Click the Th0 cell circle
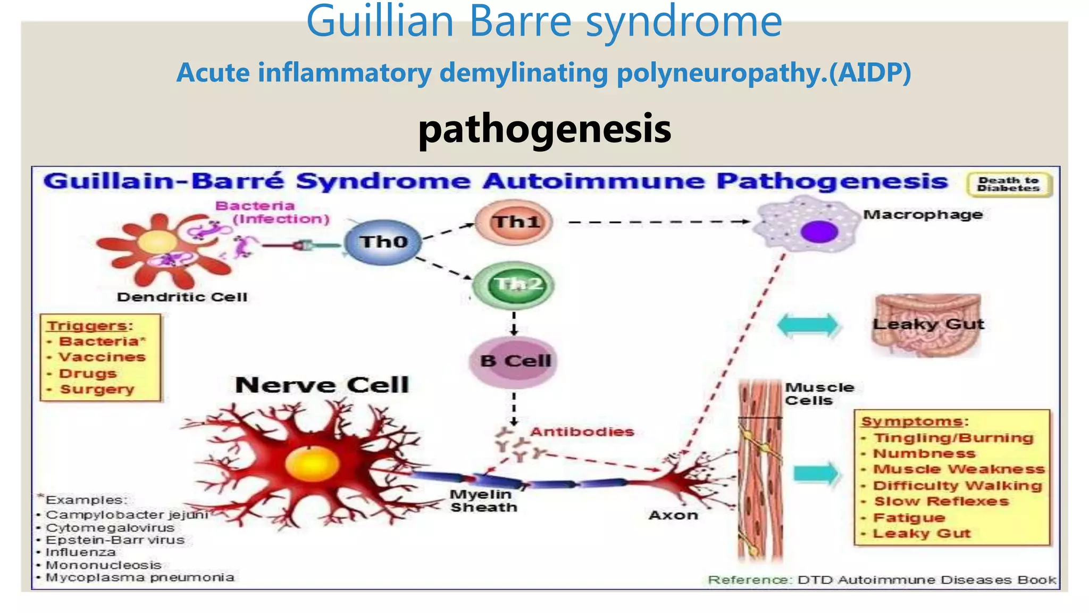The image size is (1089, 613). (x=383, y=242)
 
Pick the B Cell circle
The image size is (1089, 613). (x=514, y=361)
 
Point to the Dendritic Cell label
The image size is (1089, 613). (x=182, y=297)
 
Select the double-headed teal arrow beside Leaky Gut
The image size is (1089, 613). (x=807, y=325)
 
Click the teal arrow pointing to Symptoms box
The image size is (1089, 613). (x=816, y=474)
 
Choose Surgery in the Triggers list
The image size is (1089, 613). (x=97, y=390)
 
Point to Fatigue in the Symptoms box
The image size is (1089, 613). (x=909, y=518)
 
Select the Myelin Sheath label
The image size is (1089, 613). (x=483, y=501)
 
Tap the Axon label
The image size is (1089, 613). (x=673, y=515)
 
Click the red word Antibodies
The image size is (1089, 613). (x=582, y=432)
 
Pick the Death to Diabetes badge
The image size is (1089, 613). (x=1009, y=185)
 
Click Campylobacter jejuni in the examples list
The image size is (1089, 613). (x=127, y=515)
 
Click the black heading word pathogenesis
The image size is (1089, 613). (x=544, y=129)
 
